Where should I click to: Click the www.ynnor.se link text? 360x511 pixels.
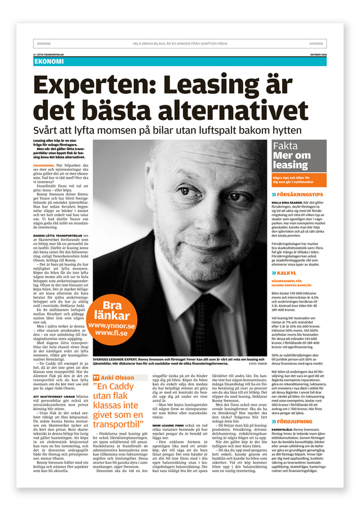pyautogui.click(x=112, y=326)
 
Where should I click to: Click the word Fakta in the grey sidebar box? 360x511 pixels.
pyautogui.click(x=285, y=146)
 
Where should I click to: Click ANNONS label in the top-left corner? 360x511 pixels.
pyautogui.click(x=43, y=44)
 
